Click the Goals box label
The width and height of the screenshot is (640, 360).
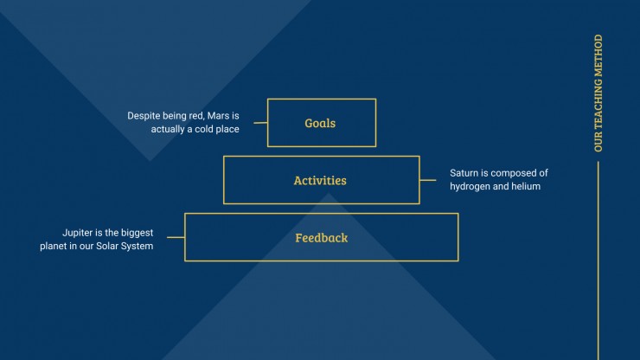point(320,123)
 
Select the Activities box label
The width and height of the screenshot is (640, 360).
point(320,180)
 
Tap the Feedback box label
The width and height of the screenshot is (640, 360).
point(322,237)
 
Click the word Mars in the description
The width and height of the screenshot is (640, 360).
point(218,116)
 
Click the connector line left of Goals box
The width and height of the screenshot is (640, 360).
point(260,123)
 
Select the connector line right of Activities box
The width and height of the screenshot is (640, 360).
point(428,180)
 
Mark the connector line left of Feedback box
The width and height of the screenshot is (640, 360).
point(176,237)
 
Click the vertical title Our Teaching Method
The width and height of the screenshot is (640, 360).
point(598,93)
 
